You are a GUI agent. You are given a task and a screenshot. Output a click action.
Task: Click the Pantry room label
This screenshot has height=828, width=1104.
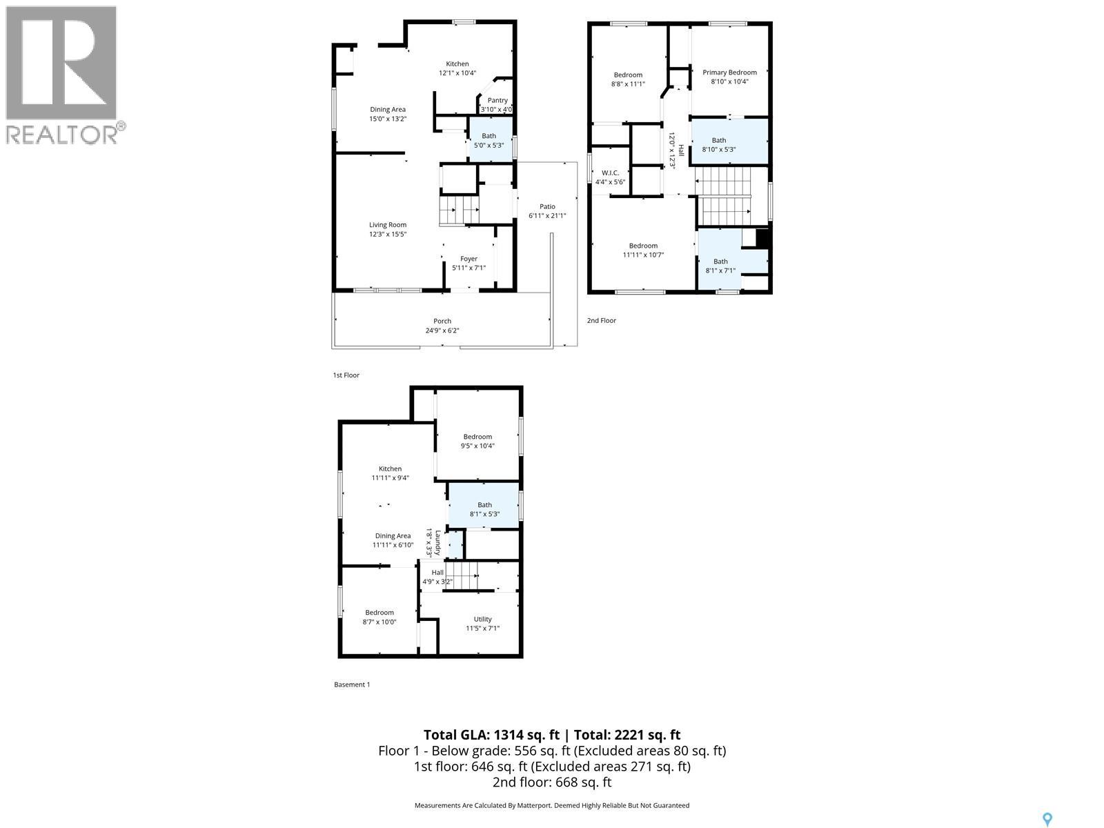[497, 101]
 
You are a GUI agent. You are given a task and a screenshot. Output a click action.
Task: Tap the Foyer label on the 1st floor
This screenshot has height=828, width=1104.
[469, 259]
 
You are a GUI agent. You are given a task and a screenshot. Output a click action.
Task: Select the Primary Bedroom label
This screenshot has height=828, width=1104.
[729, 72]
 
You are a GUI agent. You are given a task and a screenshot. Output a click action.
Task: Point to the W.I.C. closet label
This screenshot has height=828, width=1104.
[610, 172]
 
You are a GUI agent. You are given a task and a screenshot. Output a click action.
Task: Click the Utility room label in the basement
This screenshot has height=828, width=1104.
[482, 619]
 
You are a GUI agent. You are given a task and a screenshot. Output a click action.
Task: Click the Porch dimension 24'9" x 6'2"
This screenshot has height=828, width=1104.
[442, 331]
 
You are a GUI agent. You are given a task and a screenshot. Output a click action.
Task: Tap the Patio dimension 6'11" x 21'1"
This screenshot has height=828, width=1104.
[547, 215]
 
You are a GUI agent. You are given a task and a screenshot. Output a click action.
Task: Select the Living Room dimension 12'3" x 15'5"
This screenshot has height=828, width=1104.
[387, 234]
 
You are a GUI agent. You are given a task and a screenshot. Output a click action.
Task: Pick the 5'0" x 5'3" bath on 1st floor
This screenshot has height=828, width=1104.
[489, 141]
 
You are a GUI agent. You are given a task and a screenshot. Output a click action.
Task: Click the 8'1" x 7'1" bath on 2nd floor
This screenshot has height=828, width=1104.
[720, 266]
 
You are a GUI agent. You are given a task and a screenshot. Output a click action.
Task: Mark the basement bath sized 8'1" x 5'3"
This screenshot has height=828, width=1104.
[484, 510]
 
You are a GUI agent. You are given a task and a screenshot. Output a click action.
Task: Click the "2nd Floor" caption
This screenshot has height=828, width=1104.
[601, 320]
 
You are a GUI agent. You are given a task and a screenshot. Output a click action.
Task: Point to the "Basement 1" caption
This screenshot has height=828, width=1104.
[352, 684]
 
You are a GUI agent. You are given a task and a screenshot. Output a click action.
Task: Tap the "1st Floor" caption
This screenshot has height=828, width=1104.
[346, 375]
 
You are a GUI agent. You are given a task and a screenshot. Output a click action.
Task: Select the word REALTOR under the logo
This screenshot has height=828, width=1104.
[62, 134]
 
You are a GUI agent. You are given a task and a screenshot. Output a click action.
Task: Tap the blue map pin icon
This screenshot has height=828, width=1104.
[1047, 820]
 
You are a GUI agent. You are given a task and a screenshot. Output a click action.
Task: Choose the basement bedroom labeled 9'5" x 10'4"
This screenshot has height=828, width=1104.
[477, 441]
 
